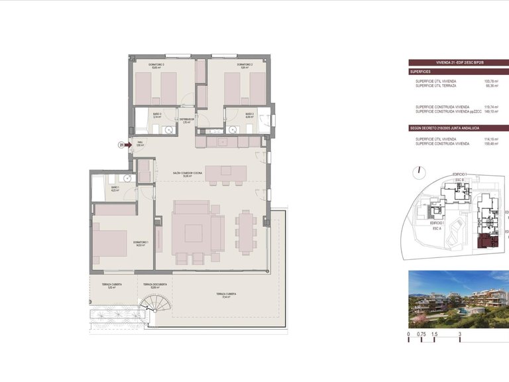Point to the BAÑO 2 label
click(x=249, y=115)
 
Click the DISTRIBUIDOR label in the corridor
click(x=186, y=121)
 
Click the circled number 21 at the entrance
click(x=121, y=144)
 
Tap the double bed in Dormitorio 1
click(x=109, y=243)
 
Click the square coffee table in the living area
click(x=194, y=233)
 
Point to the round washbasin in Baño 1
click(x=127, y=178)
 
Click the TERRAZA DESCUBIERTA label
click(x=154, y=286)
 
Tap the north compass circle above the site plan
click(x=417, y=171)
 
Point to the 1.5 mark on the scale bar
click(x=434, y=335)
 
